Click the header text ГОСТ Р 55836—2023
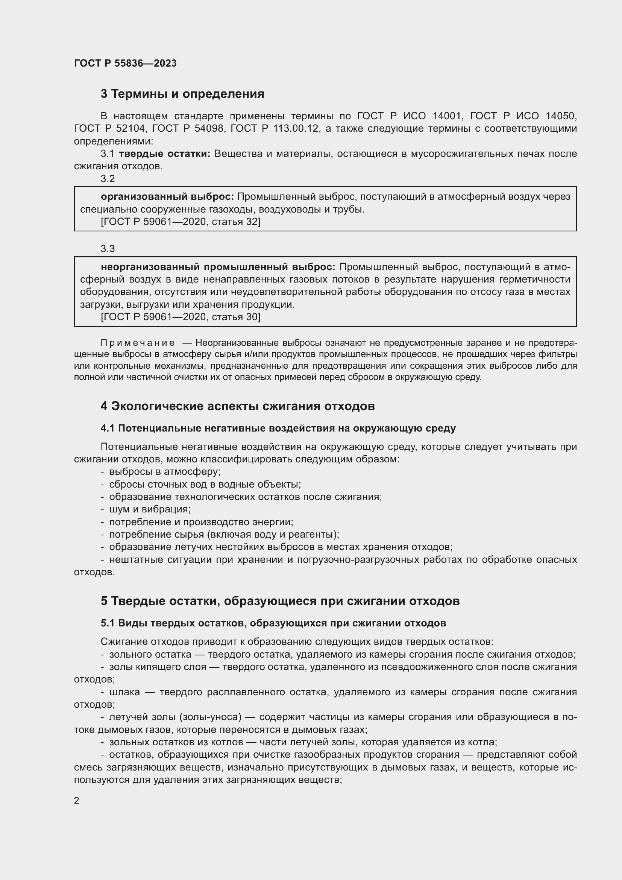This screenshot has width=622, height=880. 125,63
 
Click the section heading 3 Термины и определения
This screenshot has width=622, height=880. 182,94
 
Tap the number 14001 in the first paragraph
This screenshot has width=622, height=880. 446,116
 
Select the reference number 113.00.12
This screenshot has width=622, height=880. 296,128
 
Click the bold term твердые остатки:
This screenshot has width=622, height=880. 164,154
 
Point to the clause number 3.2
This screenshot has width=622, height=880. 108,179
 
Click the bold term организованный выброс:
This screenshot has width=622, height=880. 167,197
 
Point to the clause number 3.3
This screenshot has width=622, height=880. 108,249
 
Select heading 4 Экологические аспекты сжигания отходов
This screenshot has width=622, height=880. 237,406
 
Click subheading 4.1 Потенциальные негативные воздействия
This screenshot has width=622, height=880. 278,428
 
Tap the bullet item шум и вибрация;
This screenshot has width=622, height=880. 150,509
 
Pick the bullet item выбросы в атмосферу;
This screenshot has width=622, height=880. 165,472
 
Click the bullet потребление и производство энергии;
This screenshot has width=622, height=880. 201,522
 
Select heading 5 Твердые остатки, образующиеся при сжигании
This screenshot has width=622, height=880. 280,601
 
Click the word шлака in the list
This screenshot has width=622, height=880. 124,692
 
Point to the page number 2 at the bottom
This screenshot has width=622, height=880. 77,800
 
